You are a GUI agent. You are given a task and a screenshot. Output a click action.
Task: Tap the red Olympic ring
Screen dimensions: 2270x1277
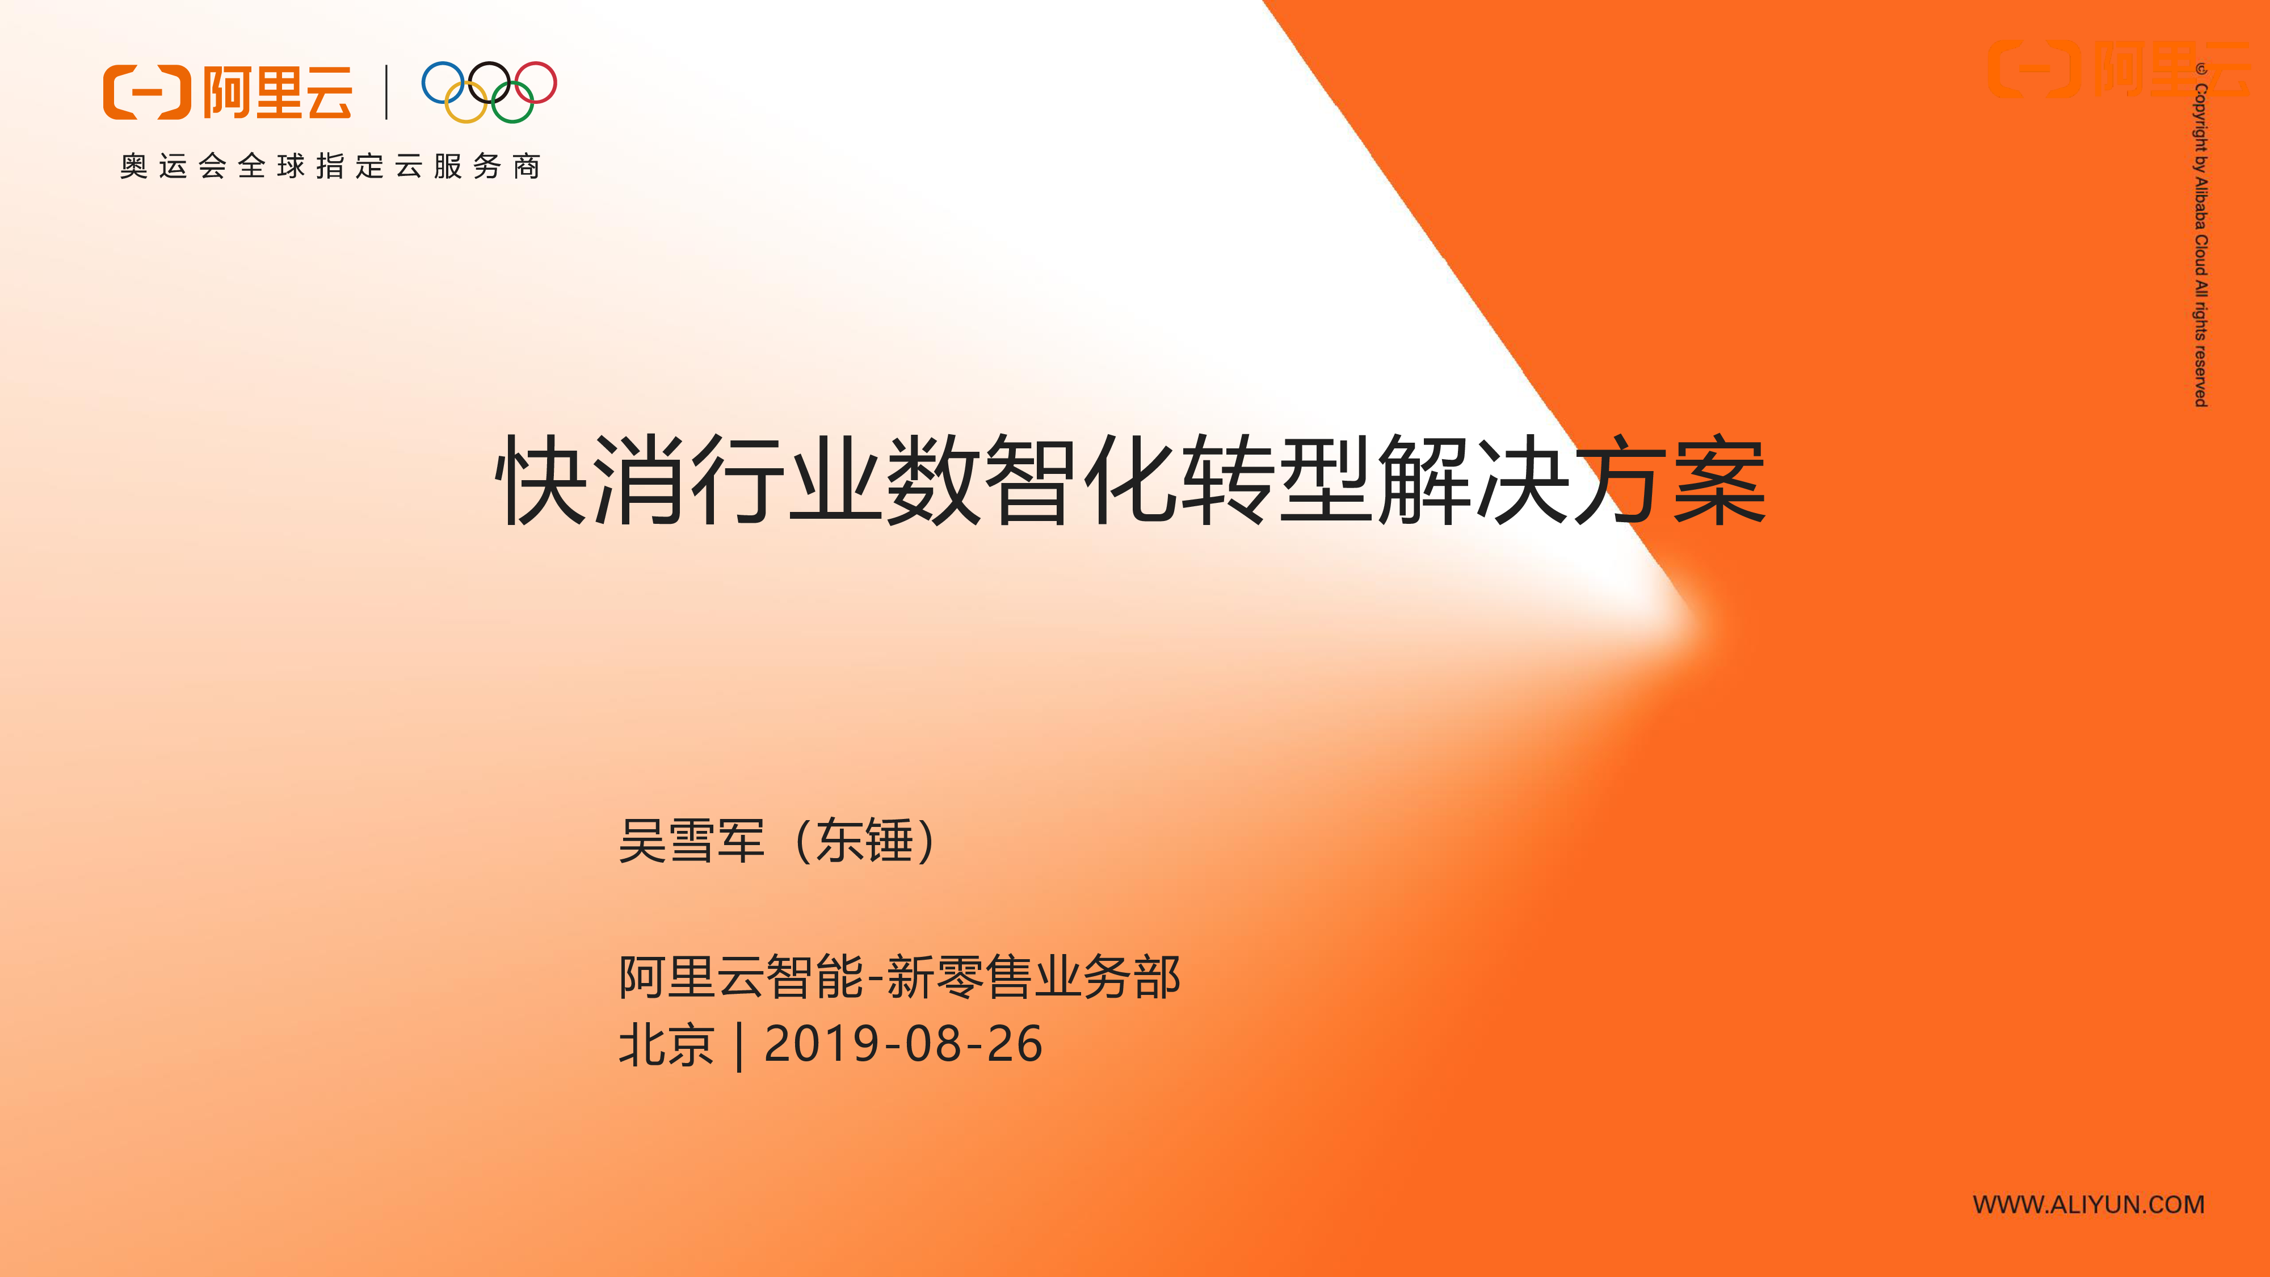coord(555,82)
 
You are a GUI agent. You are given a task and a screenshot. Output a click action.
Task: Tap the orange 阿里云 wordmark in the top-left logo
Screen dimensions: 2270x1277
coord(278,91)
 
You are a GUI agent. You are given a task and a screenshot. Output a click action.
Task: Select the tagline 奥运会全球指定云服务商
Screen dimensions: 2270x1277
coord(330,166)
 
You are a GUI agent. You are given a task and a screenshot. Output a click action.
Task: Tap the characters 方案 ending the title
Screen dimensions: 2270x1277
coord(1671,480)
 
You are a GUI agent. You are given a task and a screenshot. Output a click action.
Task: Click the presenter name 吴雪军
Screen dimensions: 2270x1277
coord(692,840)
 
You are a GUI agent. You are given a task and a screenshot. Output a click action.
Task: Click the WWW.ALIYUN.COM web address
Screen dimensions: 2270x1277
coord(2088,1205)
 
